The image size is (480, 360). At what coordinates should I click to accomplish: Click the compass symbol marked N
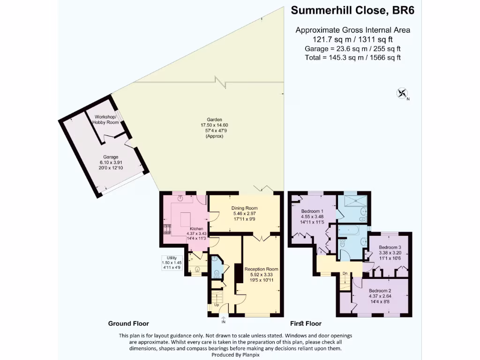[x=402, y=93]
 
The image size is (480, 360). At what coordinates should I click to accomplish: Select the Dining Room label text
[x=245, y=208]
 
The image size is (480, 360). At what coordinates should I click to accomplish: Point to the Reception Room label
[x=262, y=269]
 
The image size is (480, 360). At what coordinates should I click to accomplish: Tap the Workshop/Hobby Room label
[x=107, y=119]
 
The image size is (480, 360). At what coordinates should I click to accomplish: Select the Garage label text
[x=111, y=157]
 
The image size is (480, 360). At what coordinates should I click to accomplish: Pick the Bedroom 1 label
[x=312, y=211]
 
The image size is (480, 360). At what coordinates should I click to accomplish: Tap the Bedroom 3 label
[x=390, y=247]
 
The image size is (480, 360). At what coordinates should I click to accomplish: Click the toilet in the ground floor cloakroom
[x=216, y=274]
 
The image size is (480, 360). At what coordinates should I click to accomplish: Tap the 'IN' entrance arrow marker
[x=224, y=321]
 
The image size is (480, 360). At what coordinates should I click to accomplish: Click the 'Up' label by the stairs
[x=217, y=305]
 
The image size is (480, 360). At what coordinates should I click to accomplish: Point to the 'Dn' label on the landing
[x=345, y=273]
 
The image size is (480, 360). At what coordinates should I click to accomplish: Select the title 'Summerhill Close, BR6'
[x=352, y=10]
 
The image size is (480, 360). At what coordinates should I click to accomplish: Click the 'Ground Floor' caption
[x=128, y=323]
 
